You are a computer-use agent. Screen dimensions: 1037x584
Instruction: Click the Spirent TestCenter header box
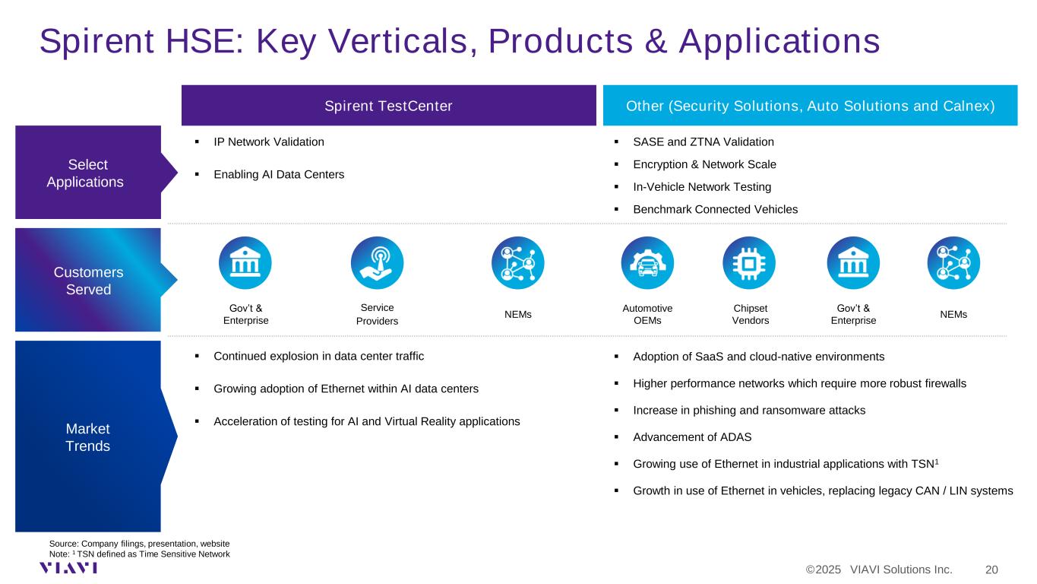click(x=388, y=105)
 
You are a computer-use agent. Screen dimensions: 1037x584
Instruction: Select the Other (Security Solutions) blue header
click(x=810, y=105)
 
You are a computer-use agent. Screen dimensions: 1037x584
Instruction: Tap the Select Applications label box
click(x=88, y=173)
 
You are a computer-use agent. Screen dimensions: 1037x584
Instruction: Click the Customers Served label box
click(x=88, y=280)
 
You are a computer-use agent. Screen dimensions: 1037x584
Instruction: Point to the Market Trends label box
click(x=88, y=436)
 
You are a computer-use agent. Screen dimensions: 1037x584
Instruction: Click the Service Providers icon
click(x=377, y=263)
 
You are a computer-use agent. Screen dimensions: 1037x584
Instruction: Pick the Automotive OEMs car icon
click(x=647, y=263)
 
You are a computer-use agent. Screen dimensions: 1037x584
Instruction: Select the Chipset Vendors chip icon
click(x=748, y=263)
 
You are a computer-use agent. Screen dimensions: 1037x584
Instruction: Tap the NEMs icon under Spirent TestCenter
click(x=517, y=263)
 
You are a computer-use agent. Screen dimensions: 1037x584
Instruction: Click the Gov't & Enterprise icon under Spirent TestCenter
click(x=245, y=263)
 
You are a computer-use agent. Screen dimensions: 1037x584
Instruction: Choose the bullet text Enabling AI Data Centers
click(x=279, y=174)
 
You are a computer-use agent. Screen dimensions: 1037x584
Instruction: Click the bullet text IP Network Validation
click(x=268, y=142)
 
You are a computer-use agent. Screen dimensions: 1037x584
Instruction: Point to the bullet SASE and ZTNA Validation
click(x=703, y=142)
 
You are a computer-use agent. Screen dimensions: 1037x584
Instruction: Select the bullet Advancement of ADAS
click(x=692, y=437)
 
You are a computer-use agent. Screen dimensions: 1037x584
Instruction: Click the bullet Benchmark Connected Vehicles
click(x=715, y=210)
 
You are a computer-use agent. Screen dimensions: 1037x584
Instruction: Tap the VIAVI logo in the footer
click(x=68, y=568)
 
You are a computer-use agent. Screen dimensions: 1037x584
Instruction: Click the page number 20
click(x=991, y=570)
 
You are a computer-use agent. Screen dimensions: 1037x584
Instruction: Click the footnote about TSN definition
click(x=139, y=554)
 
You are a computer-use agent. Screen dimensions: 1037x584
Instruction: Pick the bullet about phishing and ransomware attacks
click(x=749, y=410)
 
